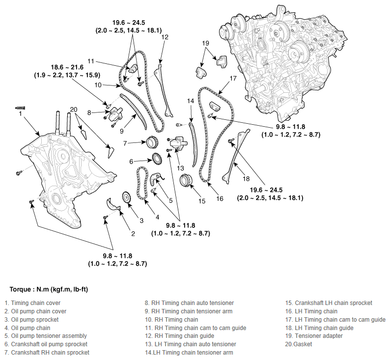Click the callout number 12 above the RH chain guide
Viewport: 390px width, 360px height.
pos(165,37)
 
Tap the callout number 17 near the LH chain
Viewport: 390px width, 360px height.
pos(233,78)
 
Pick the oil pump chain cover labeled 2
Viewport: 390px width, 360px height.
pos(113,205)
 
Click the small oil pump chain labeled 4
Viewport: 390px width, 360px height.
pos(142,183)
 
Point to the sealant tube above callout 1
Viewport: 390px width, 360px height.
pos(21,108)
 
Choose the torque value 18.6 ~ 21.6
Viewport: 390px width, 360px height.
pos(67,67)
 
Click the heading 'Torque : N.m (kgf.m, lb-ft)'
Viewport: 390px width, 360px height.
pos(49,289)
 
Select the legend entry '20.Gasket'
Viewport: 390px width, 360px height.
pos(299,344)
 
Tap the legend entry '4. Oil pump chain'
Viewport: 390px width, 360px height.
pos(28,328)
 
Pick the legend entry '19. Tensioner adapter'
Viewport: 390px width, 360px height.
pos(314,336)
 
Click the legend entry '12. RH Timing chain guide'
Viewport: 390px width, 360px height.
pos(180,336)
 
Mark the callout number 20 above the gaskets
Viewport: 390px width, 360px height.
pos(74,110)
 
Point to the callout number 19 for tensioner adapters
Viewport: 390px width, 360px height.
pos(205,43)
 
